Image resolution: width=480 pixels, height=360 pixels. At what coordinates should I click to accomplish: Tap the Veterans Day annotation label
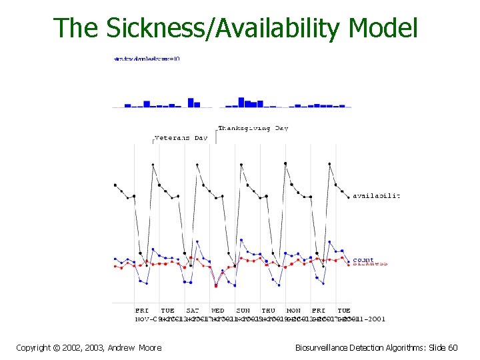click(181, 138)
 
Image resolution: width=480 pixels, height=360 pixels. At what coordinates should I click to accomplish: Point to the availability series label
click(376, 195)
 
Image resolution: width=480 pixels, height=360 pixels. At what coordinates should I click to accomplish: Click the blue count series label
click(363, 259)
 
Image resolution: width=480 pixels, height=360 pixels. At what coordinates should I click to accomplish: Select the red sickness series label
click(370, 264)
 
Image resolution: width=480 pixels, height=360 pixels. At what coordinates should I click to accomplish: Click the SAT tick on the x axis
click(192, 310)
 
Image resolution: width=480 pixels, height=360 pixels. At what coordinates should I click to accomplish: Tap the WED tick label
click(218, 310)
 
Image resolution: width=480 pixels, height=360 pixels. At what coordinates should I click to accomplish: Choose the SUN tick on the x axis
click(243, 310)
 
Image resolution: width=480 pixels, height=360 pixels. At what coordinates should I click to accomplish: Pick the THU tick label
click(268, 310)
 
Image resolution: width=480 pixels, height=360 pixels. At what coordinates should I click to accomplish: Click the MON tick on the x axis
click(293, 310)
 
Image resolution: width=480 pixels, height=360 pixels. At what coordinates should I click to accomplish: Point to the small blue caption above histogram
click(147, 59)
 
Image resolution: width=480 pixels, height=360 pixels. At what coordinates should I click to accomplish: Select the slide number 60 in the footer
click(453, 347)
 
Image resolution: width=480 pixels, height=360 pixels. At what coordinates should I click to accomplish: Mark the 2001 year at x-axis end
click(377, 318)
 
